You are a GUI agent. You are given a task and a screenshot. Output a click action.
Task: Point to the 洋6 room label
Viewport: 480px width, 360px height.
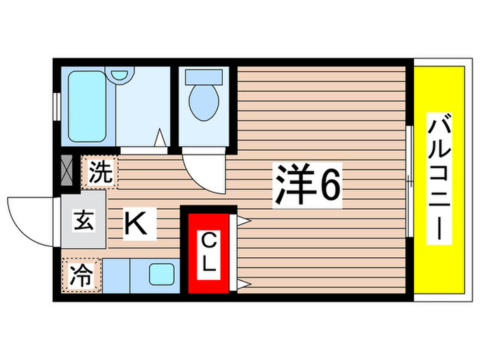(307, 182)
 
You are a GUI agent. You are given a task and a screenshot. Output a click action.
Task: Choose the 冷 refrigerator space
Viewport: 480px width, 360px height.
(82, 276)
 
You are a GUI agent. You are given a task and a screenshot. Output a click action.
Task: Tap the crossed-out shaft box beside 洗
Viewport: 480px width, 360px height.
(67, 172)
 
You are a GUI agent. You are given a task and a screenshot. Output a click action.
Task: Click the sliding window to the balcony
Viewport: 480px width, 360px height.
(409, 182)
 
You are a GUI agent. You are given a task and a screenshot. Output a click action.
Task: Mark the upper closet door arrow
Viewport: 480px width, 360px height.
(243, 221)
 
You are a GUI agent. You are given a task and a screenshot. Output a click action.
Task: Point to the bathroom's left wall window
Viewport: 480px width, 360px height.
(56, 106)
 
